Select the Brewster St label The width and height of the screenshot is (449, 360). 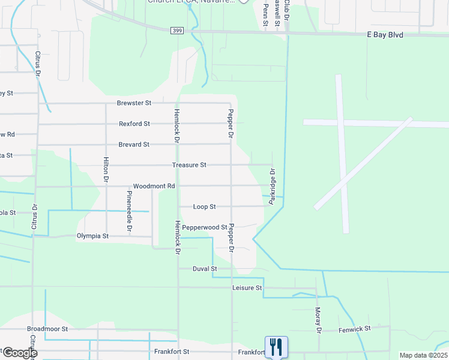click(134, 103)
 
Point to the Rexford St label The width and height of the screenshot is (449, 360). click(134, 124)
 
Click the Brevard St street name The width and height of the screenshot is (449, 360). click(133, 145)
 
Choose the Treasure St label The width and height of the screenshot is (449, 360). click(189, 165)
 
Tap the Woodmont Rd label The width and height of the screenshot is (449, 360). click(154, 186)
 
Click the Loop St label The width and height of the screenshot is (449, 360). click(204, 207)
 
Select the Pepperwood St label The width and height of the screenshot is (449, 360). click(205, 227)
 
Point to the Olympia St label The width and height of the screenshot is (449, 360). click(92, 236)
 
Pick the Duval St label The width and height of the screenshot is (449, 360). click(205, 269)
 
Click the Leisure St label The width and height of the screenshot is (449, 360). click(247, 288)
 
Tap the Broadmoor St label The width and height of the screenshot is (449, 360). click(47, 329)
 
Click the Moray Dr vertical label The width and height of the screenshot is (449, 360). click(318, 320)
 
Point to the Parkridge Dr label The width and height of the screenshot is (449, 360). click(272, 186)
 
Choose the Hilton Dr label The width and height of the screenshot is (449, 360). click(106, 170)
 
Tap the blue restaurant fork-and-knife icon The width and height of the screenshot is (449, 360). click(276, 347)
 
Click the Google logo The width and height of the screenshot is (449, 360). click(19, 353)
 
